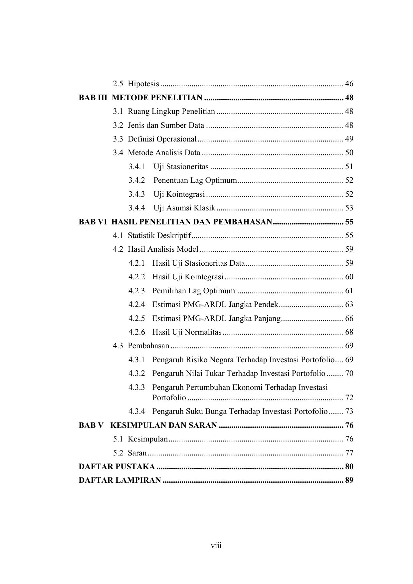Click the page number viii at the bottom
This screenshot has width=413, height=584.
pyautogui.click(x=216, y=546)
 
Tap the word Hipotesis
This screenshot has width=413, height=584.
pyautogui.click(x=143, y=84)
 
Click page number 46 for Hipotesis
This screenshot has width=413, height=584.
pyautogui.click(x=349, y=84)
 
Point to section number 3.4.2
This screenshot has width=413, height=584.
pyautogui.click(x=137, y=180)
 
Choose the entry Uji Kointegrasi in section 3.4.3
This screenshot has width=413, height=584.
pyautogui.click(x=179, y=194)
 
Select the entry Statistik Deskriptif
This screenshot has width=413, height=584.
pyautogui.click(x=159, y=236)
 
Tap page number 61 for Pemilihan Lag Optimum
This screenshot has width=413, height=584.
pyautogui.click(x=349, y=291)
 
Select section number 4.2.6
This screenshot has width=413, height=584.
pyautogui.click(x=137, y=332)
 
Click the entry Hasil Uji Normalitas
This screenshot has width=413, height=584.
pyautogui.click(x=187, y=332)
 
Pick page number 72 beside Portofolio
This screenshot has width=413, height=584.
pyautogui.click(x=349, y=398)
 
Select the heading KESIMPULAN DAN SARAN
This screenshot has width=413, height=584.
pyautogui.click(x=163, y=426)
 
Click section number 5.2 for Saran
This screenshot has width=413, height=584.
pyautogui.click(x=118, y=453)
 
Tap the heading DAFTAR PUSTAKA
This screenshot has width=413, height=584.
pyautogui.click(x=116, y=467)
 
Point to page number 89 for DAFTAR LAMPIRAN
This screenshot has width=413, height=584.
pyautogui.click(x=349, y=480)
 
